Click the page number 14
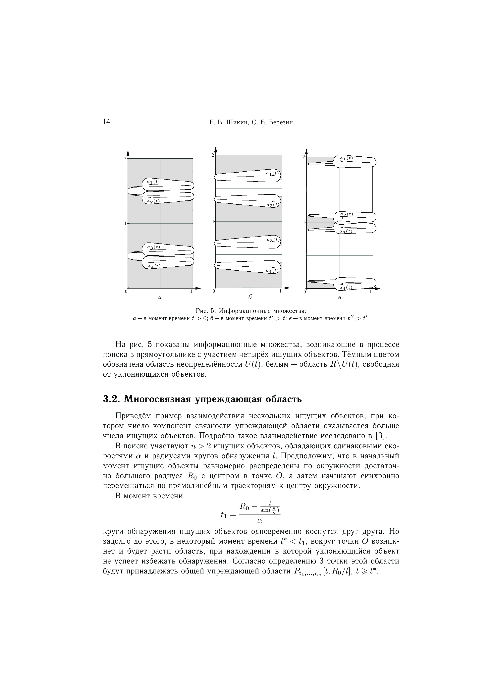[x=107, y=122]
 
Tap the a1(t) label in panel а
[x=153, y=182]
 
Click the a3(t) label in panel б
[x=273, y=240]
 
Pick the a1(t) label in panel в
[x=346, y=158]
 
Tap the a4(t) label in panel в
[x=346, y=287]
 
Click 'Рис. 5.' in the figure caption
[x=206, y=311]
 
